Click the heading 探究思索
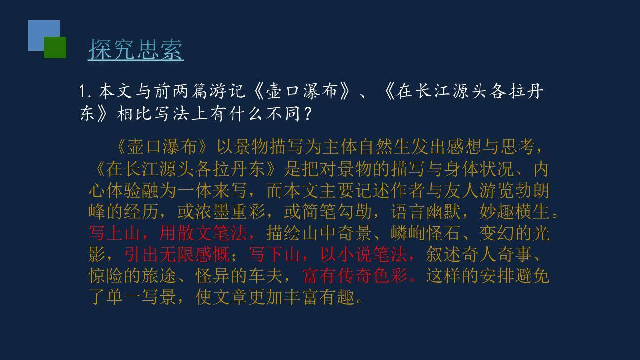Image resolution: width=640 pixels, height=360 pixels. pos(136,49)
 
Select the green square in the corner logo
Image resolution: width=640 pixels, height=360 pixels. pos(55,47)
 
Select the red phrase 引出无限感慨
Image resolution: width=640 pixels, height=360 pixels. pos(177,254)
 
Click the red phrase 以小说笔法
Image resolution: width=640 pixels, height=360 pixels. pos(364,254)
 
